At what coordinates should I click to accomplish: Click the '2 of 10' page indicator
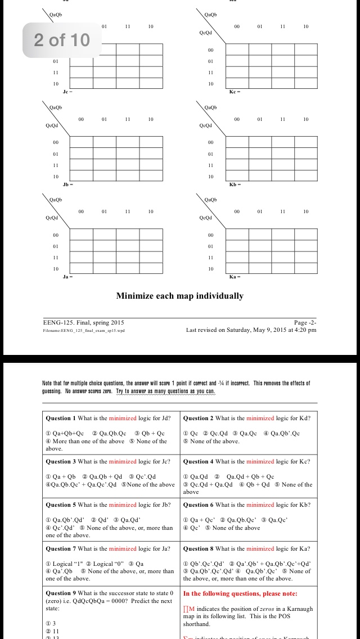tap(62, 40)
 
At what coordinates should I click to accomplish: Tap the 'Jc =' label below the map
tap(68, 91)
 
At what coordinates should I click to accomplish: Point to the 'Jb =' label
tap(68, 184)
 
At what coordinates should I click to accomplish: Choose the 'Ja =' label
tap(68, 276)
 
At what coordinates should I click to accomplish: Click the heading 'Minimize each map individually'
tap(180, 296)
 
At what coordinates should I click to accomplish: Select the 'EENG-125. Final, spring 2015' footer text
tap(84, 323)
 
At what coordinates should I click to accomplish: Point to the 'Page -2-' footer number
tap(305, 323)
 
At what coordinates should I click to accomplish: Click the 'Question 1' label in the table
tap(61, 418)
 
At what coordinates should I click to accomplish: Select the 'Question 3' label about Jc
tap(61, 462)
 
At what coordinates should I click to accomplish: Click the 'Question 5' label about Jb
tap(61, 505)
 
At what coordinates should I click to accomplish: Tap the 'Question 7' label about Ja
tap(61, 548)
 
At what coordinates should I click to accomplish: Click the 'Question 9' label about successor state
tap(61, 593)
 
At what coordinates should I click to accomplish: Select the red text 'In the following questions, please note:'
tap(240, 593)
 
